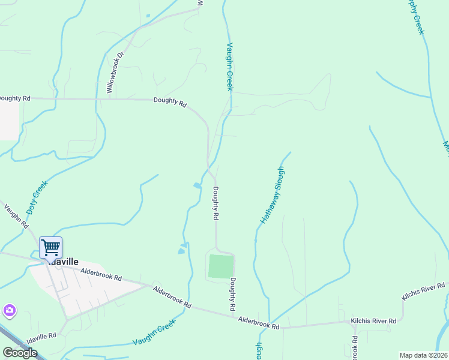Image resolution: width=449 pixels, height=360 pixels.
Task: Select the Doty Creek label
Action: (x=37, y=199)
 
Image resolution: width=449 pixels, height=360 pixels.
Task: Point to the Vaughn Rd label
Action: (x=16, y=216)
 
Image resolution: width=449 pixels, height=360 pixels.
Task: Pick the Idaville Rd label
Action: (x=41, y=337)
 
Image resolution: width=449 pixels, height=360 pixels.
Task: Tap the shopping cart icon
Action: (x=51, y=247)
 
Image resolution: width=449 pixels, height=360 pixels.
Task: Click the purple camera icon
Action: (x=9, y=311)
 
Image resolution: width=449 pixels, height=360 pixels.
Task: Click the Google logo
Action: (x=20, y=352)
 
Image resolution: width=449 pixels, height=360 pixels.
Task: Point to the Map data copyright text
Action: (x=424, y=355)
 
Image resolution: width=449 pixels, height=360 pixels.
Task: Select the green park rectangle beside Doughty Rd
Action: (x=220, y=266)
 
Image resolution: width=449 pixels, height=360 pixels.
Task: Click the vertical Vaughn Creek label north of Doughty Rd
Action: (x=229, y=67)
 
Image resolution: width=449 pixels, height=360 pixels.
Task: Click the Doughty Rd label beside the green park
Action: (x=233, y=294)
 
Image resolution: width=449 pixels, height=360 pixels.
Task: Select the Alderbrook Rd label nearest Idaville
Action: (x=101, y=275)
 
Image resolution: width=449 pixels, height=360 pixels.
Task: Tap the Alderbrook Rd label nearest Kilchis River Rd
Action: (x=259, y=323)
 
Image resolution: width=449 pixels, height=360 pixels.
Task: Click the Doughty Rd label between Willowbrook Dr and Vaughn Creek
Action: (x=170, y=102)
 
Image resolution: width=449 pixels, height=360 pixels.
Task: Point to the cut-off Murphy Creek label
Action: (x=416, y=17)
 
